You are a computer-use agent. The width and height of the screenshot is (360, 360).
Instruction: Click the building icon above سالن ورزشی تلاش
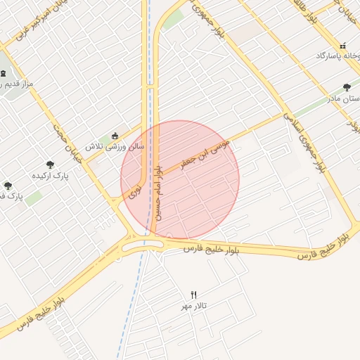(x=115, y=136)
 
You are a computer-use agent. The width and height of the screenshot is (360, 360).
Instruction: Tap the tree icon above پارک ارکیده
(x=48, y=163)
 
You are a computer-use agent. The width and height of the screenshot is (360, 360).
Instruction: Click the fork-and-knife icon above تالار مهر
(x=195, y=295)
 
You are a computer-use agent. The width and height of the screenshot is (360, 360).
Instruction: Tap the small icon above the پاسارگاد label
(x=342, y=46)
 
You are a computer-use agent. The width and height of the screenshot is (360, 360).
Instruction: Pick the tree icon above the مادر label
(x=347, y=87)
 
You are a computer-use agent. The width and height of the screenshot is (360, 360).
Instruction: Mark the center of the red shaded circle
(x=180, y=179)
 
